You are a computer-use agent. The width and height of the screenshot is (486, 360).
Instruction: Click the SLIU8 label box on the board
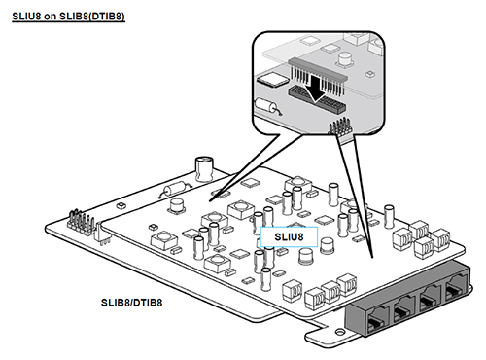(x=289, y=236)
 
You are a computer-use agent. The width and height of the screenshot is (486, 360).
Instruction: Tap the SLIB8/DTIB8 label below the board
(x=131, y=303)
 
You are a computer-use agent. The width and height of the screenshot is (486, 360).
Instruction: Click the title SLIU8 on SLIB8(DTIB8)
(x=68, y=17)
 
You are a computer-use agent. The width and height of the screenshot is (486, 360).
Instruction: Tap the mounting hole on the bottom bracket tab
(x=340, y=332)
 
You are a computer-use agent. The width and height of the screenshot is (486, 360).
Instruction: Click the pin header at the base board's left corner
(x=81, y=222)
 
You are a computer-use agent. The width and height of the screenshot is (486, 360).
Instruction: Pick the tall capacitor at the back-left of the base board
(x=204, y=168)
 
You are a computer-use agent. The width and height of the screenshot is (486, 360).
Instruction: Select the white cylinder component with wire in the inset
(x=266, y=106)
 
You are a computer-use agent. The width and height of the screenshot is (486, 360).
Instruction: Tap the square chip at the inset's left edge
(x=272, y=80)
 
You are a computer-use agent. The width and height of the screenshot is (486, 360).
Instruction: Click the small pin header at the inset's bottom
(x=340, y=126)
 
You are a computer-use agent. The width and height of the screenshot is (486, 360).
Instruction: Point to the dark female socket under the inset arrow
(x=317, y=99)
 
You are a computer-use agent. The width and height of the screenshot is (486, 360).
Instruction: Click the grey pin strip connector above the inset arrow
(x=318, y=69)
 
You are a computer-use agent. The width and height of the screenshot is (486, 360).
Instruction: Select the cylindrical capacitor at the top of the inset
(x=346, y=60)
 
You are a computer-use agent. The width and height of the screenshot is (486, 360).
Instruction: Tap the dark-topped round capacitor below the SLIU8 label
(x=305, y=256)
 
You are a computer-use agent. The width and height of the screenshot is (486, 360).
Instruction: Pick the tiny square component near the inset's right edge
(x=369, y=74)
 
